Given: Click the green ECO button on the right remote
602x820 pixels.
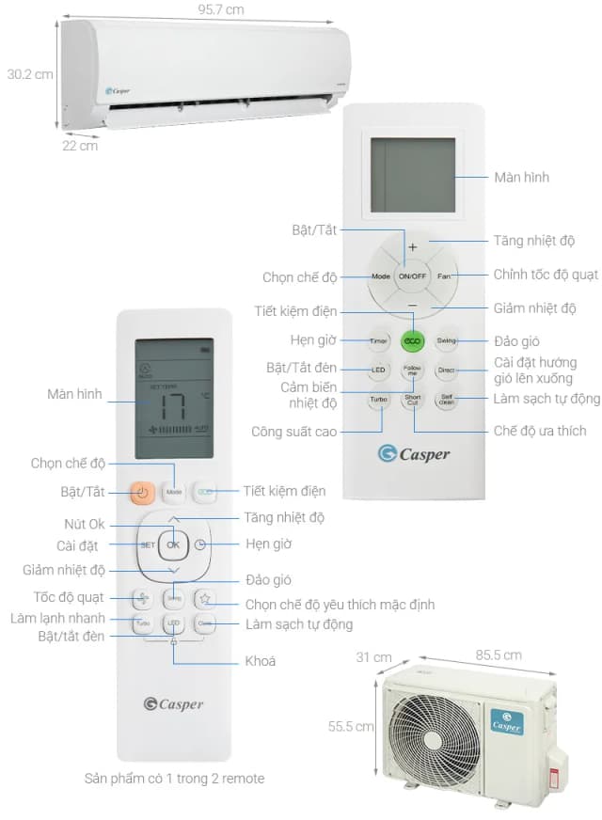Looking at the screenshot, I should [411, 340].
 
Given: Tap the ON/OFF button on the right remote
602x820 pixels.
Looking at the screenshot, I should [412, 277].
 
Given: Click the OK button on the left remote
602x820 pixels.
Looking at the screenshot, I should [173, 544].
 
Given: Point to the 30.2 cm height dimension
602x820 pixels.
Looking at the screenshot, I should [29, 74].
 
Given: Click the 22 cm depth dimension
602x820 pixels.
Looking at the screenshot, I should [80, 146].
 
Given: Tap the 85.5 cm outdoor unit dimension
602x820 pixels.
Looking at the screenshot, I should [499, 654].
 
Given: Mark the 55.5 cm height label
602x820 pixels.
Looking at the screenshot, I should [351, 726].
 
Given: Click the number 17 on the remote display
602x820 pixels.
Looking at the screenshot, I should [173, 407].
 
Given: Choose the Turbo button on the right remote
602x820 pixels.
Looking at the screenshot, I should [378, 400].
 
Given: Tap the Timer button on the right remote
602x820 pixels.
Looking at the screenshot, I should [378, 340].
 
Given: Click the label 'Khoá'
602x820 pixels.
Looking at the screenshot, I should [260, 661].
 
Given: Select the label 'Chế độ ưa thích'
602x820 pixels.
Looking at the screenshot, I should [540, 431].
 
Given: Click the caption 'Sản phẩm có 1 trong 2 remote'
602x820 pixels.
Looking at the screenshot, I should [173, 778].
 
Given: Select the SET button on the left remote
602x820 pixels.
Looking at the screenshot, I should [148, 545].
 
